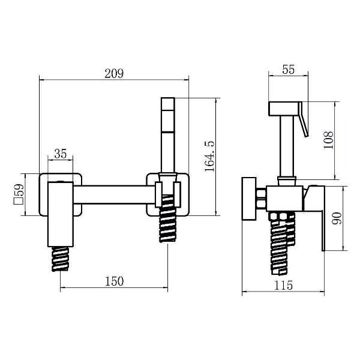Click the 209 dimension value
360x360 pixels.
tap(114, 74)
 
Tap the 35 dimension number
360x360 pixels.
tap(61, 154)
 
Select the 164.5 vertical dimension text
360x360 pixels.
tap(209, 157)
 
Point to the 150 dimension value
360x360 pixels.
tap(115, 281)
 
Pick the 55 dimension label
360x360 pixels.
tap(289, 70)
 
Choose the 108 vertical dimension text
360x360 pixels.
tap(328, 140)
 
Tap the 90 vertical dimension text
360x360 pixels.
tap(337, 218)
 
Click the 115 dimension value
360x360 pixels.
tap(283, 286)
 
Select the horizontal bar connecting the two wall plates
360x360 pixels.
tap(115, 194)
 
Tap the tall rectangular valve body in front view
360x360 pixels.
tap(61, 214)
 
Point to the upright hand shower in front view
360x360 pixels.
tap(168, 136)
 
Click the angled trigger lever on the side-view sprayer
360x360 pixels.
tap(303, 119)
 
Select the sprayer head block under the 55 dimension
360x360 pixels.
tap(284, 109)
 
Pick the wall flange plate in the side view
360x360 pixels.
tap(249, 199)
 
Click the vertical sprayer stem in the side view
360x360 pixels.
tap(287, 146)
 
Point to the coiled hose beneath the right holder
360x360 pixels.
tap(168, 218)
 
